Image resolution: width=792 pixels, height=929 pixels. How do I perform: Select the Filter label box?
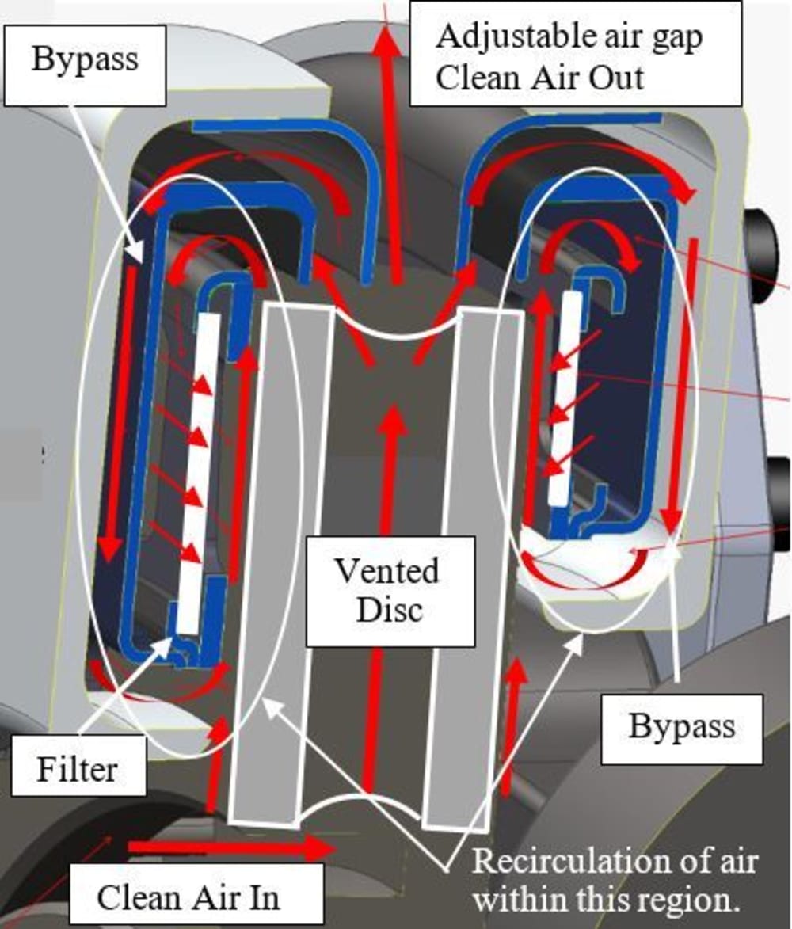(x=78, y=766)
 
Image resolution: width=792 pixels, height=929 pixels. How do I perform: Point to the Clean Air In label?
(x=190, y=897)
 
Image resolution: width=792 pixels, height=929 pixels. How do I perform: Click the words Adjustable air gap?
(x=569, y=37)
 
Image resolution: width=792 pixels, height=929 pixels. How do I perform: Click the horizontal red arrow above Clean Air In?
(x=230, y=848)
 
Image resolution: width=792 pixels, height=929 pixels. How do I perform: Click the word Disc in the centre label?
(x=386, y=609)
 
